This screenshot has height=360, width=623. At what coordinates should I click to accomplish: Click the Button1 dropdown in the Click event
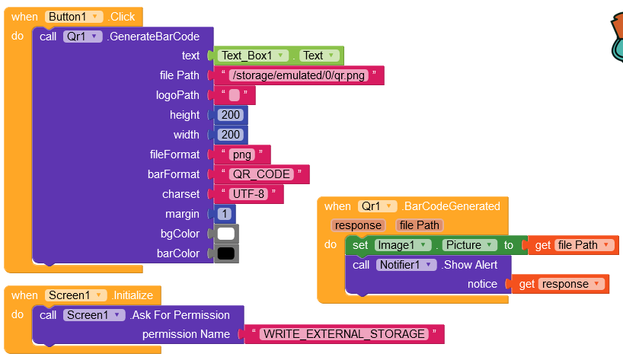click(74, 17)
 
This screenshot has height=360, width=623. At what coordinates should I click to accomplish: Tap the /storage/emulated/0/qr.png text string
click(299, 75)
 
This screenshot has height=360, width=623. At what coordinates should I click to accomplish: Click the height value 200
click(229, 115)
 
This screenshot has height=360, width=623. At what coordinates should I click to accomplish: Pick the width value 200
click(229, 135)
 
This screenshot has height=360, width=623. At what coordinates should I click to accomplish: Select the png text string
click(241, 155)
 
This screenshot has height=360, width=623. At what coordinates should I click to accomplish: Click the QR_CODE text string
click(261, 174)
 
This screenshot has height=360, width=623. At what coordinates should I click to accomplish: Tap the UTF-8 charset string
click(248, 194)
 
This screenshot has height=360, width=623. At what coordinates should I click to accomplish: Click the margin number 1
click(225, 214)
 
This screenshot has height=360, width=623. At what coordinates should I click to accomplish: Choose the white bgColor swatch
click(226, 234)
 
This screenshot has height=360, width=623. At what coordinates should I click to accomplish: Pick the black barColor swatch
click(226, 253)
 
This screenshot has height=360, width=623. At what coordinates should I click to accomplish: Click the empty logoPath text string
click(234, 95)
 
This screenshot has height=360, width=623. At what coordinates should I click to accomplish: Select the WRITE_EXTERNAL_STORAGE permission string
click(342, 334)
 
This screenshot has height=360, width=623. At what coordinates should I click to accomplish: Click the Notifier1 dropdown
click(407, 265)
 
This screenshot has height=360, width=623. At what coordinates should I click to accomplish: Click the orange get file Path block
click(573, 245)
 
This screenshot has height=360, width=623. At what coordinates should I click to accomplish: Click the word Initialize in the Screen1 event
click(133, 295)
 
